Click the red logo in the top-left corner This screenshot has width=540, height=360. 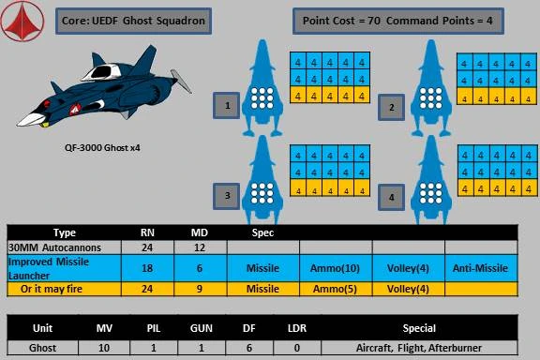click(x=23, y=22)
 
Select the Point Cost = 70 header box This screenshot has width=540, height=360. click(x=402, y=21)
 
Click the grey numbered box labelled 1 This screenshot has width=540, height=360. click(x=227, y=107)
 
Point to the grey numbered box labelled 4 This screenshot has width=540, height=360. click(x=392, y=199)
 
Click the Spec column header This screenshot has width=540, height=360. click(x=263, y=231)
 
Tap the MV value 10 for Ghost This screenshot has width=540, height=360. click(x=106, y=347)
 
